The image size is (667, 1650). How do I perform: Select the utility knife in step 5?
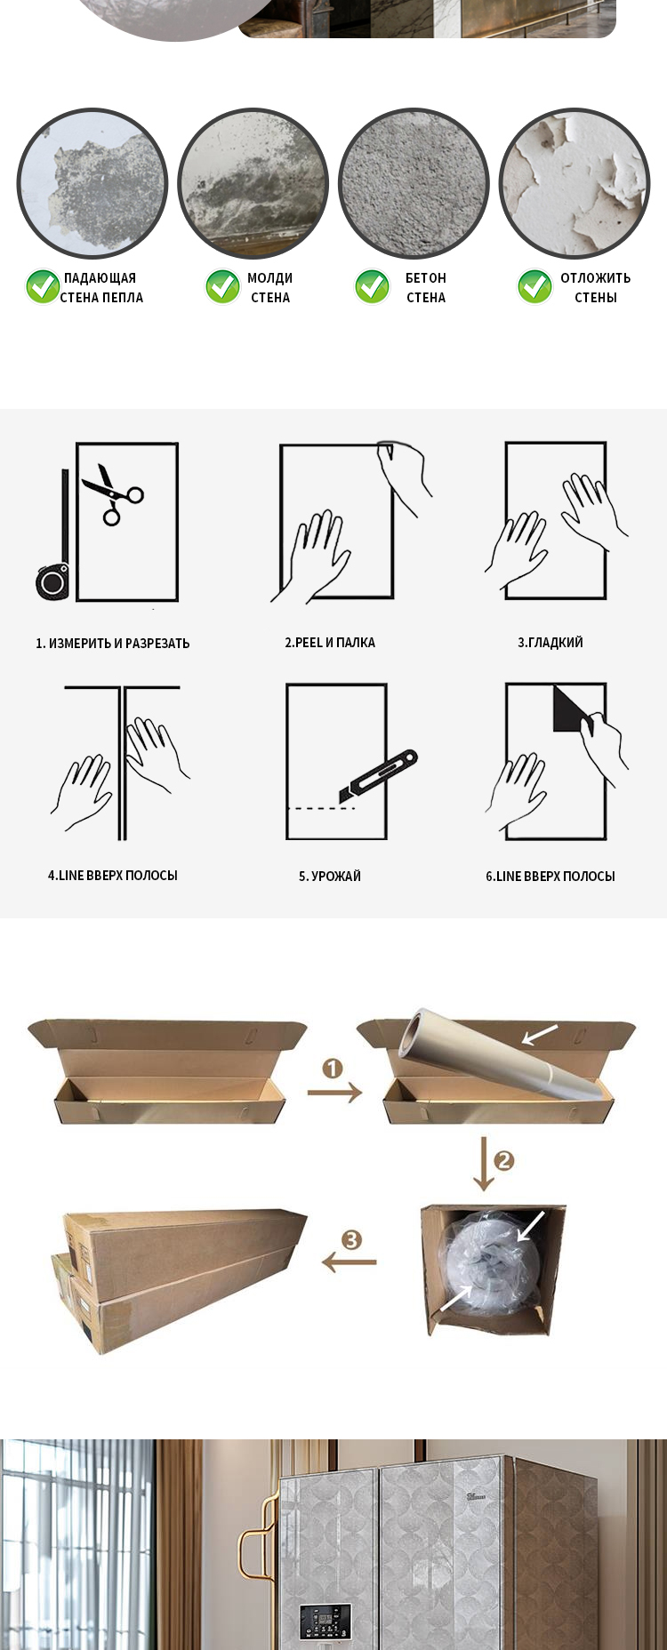coord(378,776)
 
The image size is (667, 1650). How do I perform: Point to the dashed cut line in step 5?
coord(321,808)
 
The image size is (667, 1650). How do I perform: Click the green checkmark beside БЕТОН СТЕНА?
coord(372,286)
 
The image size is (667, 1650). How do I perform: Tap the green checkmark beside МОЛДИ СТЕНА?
coord(222,286)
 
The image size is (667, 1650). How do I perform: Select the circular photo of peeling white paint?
coord(575,183)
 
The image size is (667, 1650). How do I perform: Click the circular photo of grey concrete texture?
coord(414,183)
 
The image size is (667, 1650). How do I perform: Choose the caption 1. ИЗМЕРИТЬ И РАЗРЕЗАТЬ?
coord(113,643)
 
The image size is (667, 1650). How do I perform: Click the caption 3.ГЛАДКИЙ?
coord(550,642)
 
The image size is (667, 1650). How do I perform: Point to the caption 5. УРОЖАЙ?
coord(330,876)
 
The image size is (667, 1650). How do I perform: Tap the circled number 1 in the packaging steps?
coord(333,1068)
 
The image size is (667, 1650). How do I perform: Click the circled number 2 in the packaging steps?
coord(504,1160)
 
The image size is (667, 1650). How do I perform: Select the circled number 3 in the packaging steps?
coord(352,1239)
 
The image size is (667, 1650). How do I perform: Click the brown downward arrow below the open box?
coord(483,1164)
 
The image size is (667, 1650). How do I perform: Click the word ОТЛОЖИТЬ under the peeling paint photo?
coord(595,277)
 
